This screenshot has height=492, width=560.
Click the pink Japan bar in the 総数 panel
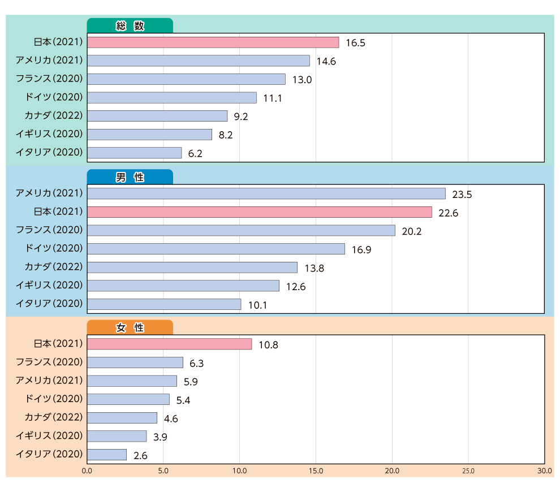click(213, 42)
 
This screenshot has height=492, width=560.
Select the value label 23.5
click(462, 195)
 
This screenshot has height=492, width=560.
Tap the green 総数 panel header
click(130, 26)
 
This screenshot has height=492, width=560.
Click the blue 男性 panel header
click(130, 177)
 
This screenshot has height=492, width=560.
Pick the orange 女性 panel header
click(130, 327)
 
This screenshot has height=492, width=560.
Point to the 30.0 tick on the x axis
click(545, 471)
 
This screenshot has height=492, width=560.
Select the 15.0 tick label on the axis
click(316, 471)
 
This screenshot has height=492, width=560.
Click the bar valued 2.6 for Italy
click(107, 455)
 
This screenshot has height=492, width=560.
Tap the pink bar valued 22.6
click(260, 212)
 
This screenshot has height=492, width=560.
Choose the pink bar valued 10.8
click(170, 344)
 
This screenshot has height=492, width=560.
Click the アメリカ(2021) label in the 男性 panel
click(49, 193)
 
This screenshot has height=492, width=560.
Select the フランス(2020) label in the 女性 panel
click(49, 362)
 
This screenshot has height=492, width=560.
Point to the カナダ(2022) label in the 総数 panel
click(54, 115)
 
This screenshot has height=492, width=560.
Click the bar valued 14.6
click(199, 61)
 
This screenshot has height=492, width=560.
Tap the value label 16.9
click(361, 250)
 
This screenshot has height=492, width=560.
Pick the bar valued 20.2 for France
click(242, 230)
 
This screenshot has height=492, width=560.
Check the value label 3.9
click(160, 437)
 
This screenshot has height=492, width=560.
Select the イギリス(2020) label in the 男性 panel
click(49, 285)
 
